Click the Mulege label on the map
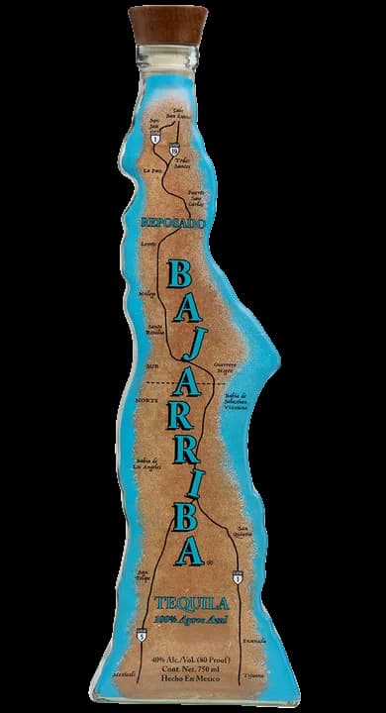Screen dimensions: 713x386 click(148, 294)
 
